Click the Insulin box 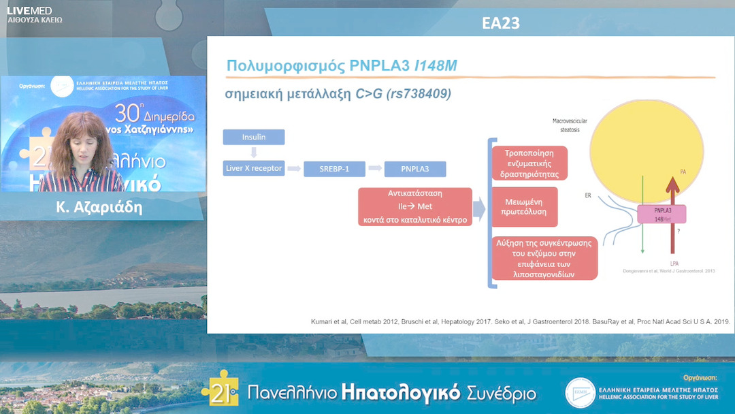coord(253,137)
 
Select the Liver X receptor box coord(253,168)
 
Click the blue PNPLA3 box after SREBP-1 coord(415,169)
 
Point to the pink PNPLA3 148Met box coord(661,214)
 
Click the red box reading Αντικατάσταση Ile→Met coord(415,206)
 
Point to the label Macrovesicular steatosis coord(570,125)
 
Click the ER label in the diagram coord(588,195)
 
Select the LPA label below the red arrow coord(674,263)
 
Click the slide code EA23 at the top coord(500,23)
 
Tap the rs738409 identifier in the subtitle coord(419,95)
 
